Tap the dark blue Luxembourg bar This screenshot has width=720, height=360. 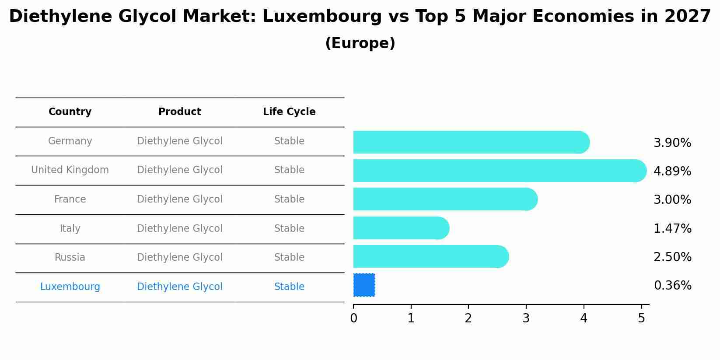coord(364,285)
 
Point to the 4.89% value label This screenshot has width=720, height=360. coord(672,171)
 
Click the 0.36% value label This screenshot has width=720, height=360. coord(672,286)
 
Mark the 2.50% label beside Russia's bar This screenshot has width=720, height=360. coord(672,257)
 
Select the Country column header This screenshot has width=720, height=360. coord(70,112)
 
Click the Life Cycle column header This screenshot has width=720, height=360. coord(289,112)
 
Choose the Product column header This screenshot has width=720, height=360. coord(180,112)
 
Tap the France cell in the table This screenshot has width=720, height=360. coord(70,199)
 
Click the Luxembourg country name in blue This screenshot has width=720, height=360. coord(70,287)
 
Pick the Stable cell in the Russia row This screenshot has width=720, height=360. coord(289,257)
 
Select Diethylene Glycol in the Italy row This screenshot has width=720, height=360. coord(180,228)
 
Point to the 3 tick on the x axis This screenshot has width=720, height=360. coord(526,318)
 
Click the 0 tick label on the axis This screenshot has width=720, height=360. coord(353,318)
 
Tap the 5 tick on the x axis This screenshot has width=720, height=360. coord(641,318)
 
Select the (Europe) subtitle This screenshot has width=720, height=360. coord(360,43)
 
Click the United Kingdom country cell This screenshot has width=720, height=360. coord(70,170)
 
